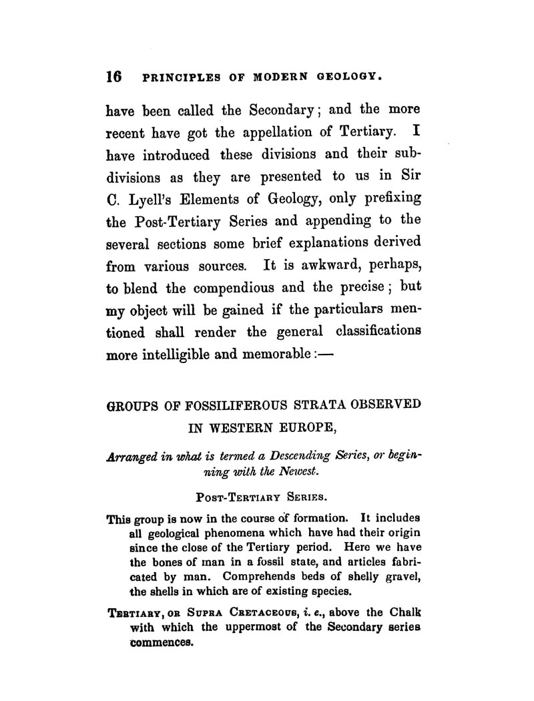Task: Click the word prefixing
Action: [386, 199]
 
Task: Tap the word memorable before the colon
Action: [288, 355]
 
